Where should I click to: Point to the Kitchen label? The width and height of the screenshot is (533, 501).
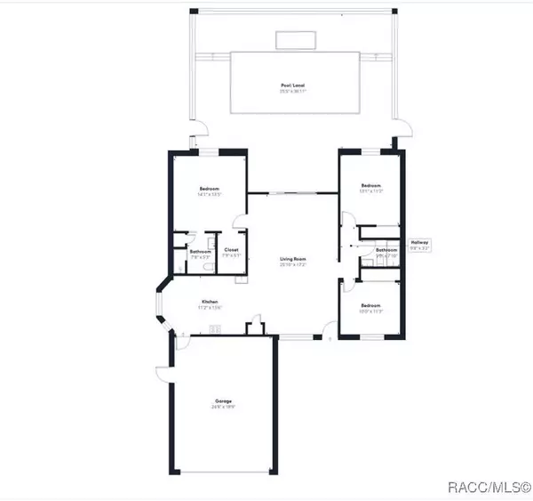pyautogui.click(x=210, y=302)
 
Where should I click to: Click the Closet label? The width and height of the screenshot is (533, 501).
pyautogui.click(x=230, y=251)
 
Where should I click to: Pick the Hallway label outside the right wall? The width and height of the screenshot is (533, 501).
pyautogui.click(x=419, y=242)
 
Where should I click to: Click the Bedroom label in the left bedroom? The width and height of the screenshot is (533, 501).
pyautogui.click(x=210, y=189)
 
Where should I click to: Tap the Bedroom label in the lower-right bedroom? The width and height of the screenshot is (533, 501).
pyautogui.click(x=370, y=306)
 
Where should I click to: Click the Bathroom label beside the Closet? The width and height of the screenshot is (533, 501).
pyautogui.click(x=199, y=251)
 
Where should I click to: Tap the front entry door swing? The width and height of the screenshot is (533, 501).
pyautogui.click(x=330, y=337)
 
